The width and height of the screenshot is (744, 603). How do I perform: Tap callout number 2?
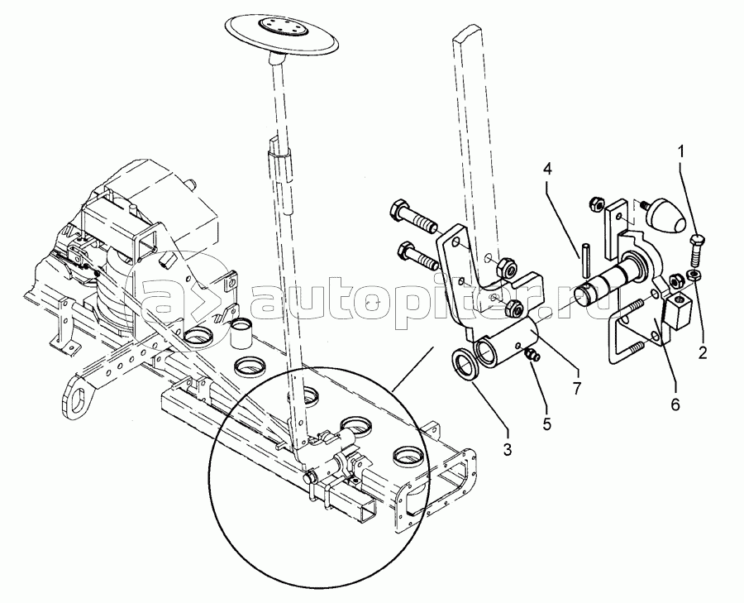(703, 352)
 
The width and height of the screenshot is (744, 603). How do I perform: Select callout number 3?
(507, 450)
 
